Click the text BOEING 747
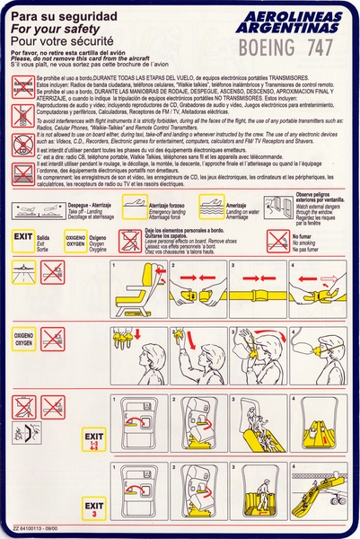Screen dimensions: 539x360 [x=286, y=42]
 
